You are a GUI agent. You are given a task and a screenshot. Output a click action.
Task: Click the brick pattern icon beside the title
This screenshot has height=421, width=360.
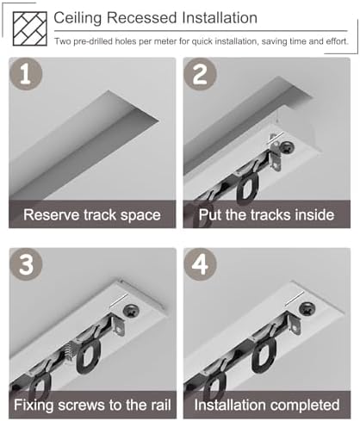coord(30,28)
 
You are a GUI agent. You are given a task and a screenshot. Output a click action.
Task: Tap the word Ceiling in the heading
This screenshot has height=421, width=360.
coord(78,19)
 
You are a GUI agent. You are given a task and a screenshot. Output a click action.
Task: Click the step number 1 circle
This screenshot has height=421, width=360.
coord(26,74)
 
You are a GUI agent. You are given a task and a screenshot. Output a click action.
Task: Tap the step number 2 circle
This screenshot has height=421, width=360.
coord(200,74)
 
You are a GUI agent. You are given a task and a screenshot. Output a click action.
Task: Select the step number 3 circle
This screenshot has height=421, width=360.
coord(26,264)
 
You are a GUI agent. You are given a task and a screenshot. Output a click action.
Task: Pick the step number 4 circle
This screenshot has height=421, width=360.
coord(200,264)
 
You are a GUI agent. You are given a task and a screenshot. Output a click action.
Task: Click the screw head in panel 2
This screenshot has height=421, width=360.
coord(288,148)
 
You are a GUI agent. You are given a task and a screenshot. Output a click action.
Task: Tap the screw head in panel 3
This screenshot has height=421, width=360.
coord(132,311)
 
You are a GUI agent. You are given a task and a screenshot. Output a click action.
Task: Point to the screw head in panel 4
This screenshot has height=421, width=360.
coord(307,309)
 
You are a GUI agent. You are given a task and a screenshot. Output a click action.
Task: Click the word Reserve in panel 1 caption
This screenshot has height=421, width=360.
coord(51,215)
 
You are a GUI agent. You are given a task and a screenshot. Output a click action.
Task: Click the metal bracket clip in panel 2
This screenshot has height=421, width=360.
coord(276,157)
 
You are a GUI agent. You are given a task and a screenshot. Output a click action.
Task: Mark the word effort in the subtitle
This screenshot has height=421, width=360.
coord(337,41)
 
